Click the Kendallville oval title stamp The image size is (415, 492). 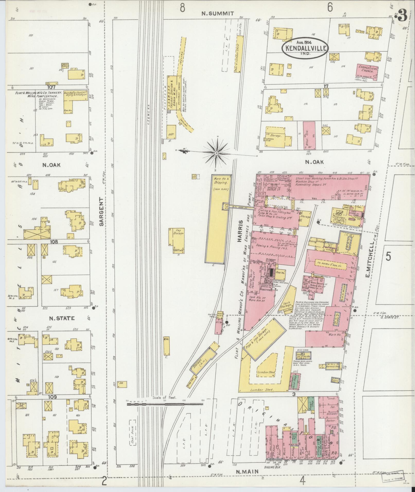click(x=305, y=48)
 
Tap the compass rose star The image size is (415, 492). click(x=217, y=153)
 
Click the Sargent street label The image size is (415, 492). click(x=101, y=212)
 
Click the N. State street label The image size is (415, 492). click(x=62, y=318)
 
